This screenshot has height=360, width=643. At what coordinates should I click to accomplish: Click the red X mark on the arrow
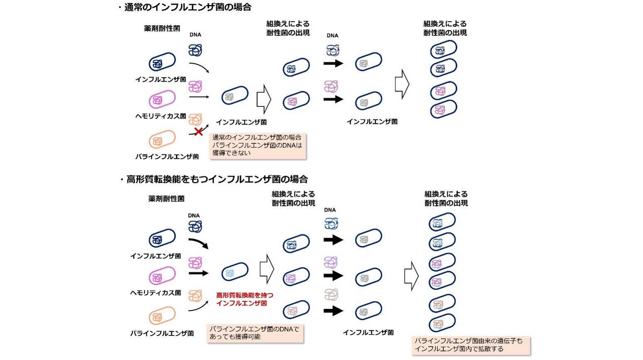(x=198, y=132)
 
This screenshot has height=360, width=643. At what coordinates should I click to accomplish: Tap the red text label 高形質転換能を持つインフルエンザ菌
(x=244, y=299)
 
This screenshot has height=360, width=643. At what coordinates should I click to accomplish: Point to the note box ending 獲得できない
(x=258, y=146)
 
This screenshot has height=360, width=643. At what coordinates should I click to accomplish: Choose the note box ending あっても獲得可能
(x=255, y=333)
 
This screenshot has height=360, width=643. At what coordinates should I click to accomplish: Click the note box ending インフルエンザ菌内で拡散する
(x=471, y=345)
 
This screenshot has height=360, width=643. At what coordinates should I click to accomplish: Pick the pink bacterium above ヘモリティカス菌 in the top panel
(x=162, y=99)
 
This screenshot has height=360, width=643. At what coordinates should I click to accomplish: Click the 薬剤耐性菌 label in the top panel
(x=162, y=28)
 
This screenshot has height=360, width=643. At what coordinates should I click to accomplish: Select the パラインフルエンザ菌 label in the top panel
(x=167, y=157)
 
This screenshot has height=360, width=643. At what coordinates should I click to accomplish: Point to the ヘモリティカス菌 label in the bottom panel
(x=156, y=293)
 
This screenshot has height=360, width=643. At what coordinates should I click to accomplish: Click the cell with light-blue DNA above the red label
(x=235, y=272)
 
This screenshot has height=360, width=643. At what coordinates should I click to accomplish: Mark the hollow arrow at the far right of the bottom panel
(x=411, y=276)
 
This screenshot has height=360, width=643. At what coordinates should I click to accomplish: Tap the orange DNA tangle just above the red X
(x=195, y=120)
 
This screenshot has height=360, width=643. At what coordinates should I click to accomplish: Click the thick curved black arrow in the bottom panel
(x=198, y=243)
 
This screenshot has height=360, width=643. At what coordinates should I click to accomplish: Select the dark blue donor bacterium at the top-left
(x=162, y=62)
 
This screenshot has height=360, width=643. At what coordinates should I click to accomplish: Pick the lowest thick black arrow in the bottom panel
(x=334, y=311)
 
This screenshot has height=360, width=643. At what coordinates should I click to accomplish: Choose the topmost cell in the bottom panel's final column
(x=442, y=222)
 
